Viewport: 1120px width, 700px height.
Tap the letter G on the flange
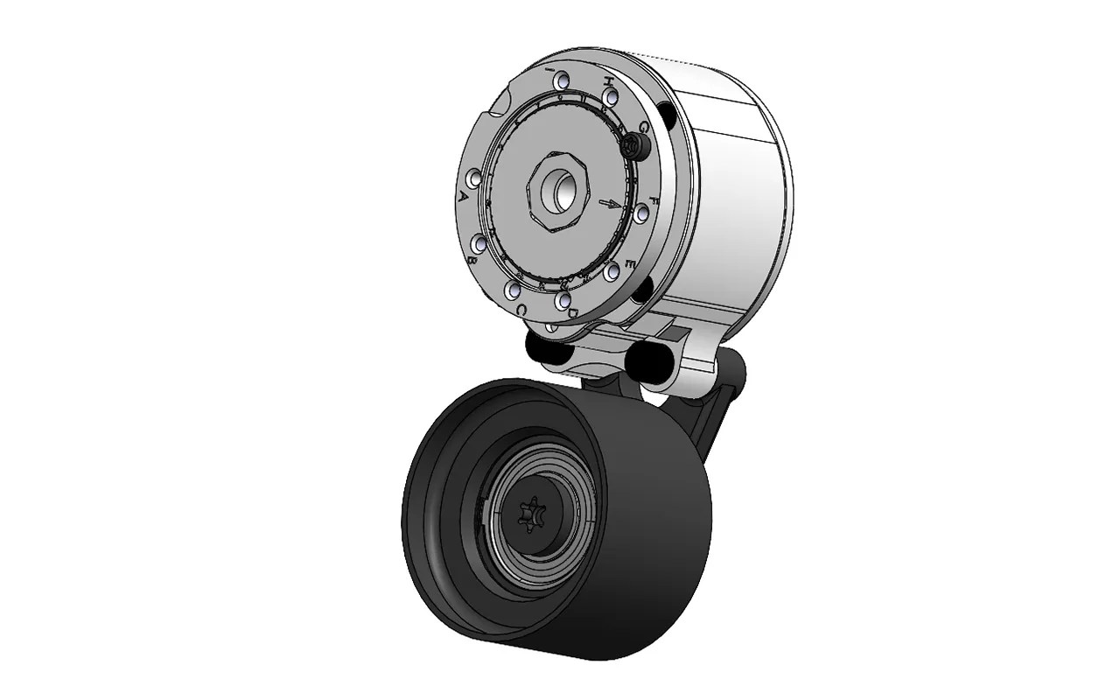(x=644, y=128)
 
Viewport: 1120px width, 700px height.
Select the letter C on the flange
(x=521, y=310)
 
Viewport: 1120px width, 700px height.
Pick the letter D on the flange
(x=574, y=312)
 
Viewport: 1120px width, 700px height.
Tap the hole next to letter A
(x=475, y=178)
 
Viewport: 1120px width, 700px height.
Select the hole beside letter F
(x=642, y=213)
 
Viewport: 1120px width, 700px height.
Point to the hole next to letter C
(x=514, y=289)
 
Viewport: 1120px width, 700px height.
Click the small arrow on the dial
(x=609, y=204)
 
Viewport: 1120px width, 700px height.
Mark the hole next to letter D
(x=562, y=298)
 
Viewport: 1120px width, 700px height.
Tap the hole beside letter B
(x=479, y=243)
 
